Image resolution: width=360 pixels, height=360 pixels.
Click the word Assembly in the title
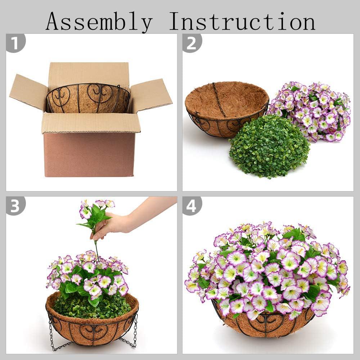point(99,22)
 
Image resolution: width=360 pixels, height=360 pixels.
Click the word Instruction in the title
point(242,21)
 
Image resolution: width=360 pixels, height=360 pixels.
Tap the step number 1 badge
point(15,43)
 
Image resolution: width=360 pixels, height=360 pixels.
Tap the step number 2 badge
point(192,43)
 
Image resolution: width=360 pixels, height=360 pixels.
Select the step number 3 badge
point(15,206)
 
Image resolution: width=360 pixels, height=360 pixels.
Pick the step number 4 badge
point(192,206)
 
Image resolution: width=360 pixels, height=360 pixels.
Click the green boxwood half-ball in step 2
point(269,146)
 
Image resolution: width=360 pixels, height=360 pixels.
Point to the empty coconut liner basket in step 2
point(226,109)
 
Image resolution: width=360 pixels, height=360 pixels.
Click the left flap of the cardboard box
point(29,92)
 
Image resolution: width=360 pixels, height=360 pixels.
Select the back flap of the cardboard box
point(89,73)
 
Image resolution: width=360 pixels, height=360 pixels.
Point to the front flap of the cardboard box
point(91,123)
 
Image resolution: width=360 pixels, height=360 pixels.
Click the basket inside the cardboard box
point(88,98)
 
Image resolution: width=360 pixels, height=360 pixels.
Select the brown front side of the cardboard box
point(89,154)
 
